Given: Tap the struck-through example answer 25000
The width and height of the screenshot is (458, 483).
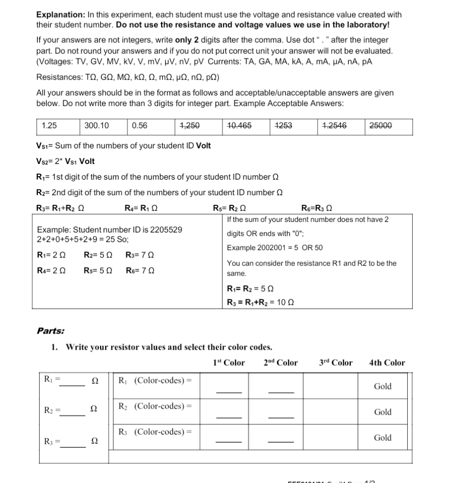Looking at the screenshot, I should point(380,126).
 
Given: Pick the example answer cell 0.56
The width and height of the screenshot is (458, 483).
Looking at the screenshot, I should point(139,126).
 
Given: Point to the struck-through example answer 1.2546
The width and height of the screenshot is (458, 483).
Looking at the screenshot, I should point(334,126).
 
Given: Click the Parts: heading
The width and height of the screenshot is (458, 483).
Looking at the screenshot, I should point(50,331).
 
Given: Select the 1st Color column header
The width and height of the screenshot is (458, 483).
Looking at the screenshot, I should point(229,363).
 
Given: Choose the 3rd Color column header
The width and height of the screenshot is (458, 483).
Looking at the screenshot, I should point(336,363).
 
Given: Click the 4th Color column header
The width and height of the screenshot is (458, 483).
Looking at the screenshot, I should point(387,363).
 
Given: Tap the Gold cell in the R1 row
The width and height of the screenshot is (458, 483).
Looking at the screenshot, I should point(383,386).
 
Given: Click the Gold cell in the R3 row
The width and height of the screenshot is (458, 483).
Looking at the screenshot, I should point(383,438).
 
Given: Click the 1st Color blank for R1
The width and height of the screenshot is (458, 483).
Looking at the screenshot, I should point(229,391).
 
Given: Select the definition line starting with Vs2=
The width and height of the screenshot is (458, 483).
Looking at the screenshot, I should point(65,162).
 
